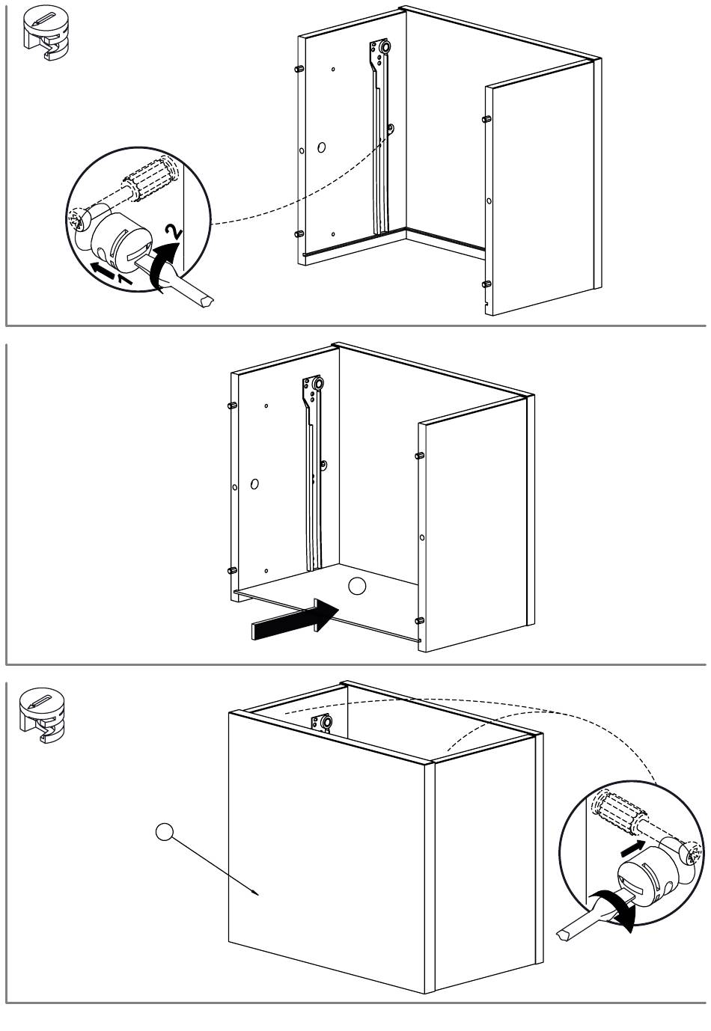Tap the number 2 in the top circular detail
(x=174, y=231)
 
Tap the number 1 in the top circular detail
(x=124, y=278)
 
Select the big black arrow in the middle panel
(x=295, y=620)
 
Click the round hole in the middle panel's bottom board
(x=357, y=586)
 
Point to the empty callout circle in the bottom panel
(x=165, y=832)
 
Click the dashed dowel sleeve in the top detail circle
(x=149, y=179)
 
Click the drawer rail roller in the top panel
(x=383, y=48)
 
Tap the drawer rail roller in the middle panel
(x=317, y=383)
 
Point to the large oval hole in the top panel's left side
(x=321, y=147)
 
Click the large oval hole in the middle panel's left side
(x=254, y=484)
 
